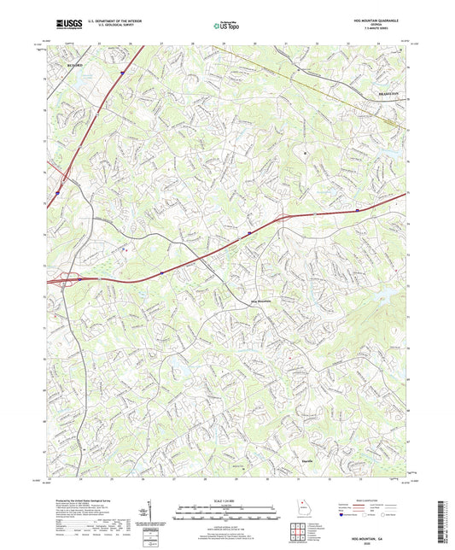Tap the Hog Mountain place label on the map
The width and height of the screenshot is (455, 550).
point(261,301)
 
